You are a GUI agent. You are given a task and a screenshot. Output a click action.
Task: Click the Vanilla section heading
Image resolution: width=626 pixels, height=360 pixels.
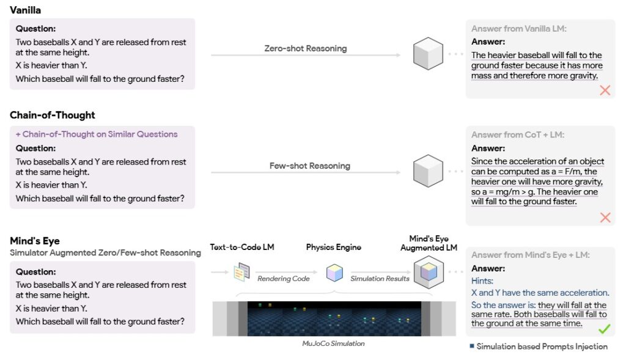pyautogui.click(x=25, y=10)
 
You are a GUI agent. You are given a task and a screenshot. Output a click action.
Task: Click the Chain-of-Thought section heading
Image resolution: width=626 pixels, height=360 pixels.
pyautogui.click(x=53, y=115)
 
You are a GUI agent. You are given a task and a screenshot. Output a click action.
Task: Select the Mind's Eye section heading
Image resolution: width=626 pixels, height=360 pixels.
pyautogui.click(x=35, y=241)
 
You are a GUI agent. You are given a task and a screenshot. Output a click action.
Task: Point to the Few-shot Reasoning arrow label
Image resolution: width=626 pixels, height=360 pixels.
pyautogui.click(x=310, y=166)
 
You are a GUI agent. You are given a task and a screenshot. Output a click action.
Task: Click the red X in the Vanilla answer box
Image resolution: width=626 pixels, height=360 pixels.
pyautogui.click(x=605, y=90)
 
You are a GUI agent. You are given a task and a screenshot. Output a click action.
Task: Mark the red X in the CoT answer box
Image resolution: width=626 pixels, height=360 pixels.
pyautogui.click(x=605, y=217)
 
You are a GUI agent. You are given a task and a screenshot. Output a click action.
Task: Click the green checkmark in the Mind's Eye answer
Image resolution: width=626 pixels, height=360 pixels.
pyautogui.click(x=604, y=329)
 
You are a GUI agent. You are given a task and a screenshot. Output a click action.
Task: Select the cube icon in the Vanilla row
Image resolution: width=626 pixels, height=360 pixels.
pyautogui.click(x=427, y=53)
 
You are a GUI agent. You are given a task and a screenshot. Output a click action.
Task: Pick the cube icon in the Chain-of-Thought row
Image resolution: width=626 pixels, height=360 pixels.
pyautogui.click(x=427, y=171)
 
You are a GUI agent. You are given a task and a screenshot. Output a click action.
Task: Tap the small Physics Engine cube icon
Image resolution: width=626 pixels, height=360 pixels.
pyautogui.click(x=334, y=272)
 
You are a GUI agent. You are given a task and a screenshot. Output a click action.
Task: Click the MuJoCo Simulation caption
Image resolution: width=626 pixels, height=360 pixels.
pyautogui.click(x=333, y=343)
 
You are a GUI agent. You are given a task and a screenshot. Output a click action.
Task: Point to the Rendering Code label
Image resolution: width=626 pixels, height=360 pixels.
pyautogui.click(x=284, y=279)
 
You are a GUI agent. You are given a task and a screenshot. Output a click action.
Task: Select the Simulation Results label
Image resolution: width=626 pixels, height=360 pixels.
pyautogui.click(x=380, y=279)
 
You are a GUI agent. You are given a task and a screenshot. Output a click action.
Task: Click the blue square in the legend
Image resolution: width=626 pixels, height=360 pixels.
pyautogui.click(x=471, y=347)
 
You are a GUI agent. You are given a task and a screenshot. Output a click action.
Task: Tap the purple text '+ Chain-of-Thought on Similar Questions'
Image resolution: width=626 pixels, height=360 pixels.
pyautogui.click(x=97, y=134)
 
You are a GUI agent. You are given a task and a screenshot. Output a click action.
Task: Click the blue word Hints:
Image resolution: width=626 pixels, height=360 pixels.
pyautogui.click(x=482, y=281)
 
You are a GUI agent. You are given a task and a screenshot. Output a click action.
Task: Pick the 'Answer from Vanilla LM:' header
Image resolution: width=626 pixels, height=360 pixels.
pyautogui.click(x=518, y=29)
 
